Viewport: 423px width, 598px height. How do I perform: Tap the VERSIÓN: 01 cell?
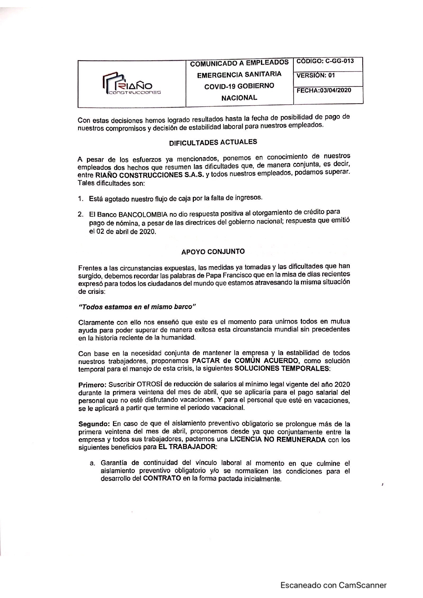tap(316, 76)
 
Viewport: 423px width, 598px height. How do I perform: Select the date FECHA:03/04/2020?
tap(324, 91)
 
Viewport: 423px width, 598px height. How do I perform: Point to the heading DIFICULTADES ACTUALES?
tap(213, 142)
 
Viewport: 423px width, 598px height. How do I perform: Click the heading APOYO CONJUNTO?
tap(213, 252)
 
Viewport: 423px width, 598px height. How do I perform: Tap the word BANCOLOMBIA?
tap(143, 215)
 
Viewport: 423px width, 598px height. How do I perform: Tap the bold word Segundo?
tap(94, 424)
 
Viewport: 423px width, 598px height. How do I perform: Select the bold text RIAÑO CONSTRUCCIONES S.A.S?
tap(149, 175)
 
